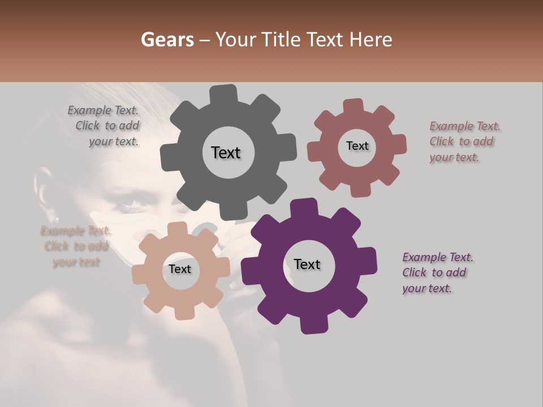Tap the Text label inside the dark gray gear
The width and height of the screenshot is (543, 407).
click(226, 153)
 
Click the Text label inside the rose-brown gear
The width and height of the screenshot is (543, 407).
click(357, 146)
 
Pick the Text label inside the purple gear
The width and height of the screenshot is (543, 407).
click(307, 264)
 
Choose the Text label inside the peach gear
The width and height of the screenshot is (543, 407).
click(179, 269)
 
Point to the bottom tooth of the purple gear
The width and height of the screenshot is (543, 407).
click(311, 324)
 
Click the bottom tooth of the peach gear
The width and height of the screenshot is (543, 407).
click(182, 313)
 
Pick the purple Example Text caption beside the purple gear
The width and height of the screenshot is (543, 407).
click(437, 272)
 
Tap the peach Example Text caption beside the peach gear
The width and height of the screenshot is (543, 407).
click(75, 246)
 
